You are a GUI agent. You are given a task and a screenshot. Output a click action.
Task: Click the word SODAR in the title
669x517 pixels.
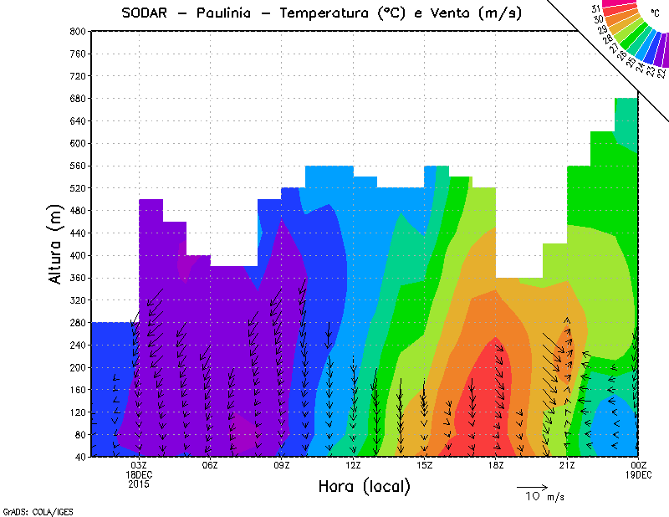[145, 13]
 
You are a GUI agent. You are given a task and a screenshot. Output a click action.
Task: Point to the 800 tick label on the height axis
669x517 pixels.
[78, 31]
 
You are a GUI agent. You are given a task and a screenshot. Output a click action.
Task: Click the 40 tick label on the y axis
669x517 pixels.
[80, 457]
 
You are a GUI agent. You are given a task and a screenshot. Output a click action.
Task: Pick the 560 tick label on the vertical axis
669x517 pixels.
[78, 166]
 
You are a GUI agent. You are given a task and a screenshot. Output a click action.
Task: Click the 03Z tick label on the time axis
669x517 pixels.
[139, 466]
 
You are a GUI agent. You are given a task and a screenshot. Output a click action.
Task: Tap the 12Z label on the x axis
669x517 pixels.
[353, 466]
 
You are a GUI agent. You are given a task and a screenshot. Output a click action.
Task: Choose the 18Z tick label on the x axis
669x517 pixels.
[496, 466]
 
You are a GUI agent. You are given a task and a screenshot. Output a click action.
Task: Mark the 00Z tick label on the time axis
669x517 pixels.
[639, 466]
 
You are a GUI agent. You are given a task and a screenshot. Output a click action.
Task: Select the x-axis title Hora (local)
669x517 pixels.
[364, 487]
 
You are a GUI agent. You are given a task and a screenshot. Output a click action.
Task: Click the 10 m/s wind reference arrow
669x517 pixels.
[532, 486]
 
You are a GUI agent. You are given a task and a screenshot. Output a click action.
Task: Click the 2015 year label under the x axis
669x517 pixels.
[139, 483]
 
